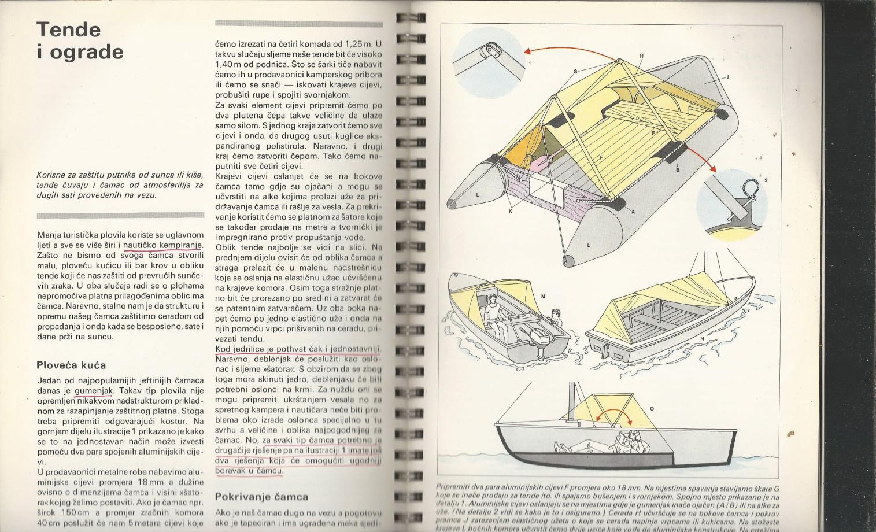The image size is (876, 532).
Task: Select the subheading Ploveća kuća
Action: coord(71,365)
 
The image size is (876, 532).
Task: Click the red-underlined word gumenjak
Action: coord(94,391)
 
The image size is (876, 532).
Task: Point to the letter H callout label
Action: coord(641,56)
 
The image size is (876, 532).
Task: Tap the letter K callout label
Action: coord(511,212)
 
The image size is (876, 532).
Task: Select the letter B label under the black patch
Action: coord(678,170)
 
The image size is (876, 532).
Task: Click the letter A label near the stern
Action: coord(633,212)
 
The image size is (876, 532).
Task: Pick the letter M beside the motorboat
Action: coord(543,297)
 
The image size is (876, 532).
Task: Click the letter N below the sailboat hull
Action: coord(702,339)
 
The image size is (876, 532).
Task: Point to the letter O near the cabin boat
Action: coord(652,409)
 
